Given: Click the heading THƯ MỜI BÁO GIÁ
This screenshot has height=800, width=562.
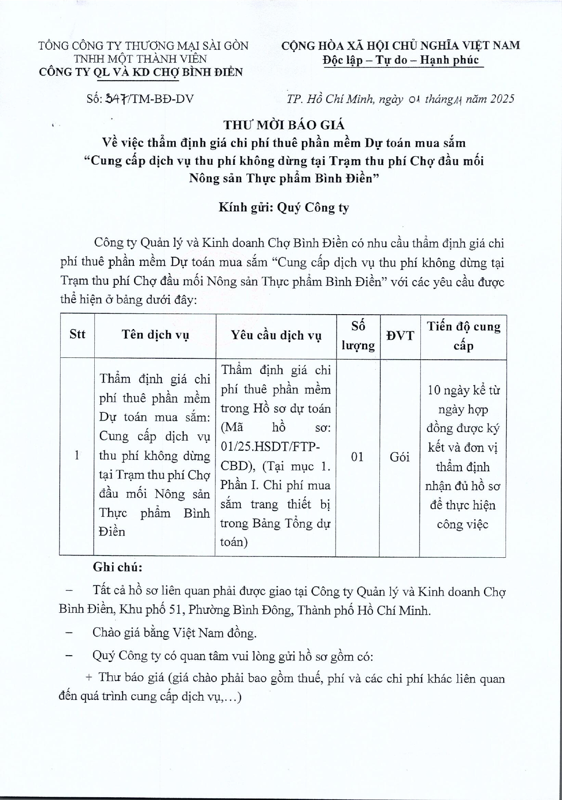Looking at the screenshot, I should pos(283,124).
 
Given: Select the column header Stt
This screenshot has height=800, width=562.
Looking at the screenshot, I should pos(77,334).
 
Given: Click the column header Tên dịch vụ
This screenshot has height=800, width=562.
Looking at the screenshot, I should pos(155,335).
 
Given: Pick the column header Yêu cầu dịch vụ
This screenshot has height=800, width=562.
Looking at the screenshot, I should pos(276,336).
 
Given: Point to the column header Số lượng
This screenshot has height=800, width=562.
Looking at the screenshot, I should pos(358,336).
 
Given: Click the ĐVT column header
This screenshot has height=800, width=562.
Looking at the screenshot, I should pos(400,336).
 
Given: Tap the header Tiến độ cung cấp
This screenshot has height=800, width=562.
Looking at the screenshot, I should pos(463,336).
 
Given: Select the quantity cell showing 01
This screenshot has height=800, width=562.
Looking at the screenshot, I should pos(358,456).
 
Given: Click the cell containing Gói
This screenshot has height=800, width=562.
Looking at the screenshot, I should pos(399,457).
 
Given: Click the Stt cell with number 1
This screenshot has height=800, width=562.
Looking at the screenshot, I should pos(77,455).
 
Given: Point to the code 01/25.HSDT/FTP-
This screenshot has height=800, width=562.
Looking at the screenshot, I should pos(270,447).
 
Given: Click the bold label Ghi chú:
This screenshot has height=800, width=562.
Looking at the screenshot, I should pos(118,567).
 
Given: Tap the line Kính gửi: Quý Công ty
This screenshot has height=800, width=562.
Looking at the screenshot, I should pos(283,208).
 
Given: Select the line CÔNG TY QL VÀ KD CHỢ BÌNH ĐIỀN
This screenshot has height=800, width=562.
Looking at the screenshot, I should pos(141,72).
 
